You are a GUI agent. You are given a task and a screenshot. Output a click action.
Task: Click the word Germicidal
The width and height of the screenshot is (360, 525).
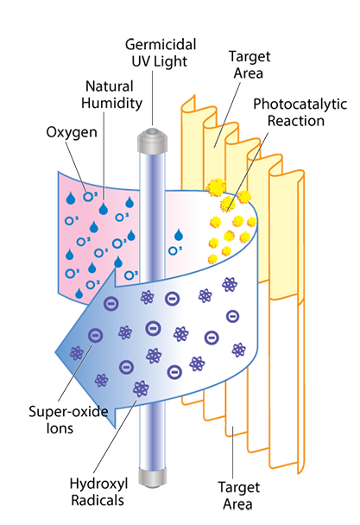(161, 45)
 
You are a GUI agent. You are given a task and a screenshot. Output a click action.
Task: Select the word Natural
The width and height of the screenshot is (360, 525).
(110, 86)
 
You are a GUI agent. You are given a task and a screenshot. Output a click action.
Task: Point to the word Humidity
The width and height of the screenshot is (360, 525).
(112, 103)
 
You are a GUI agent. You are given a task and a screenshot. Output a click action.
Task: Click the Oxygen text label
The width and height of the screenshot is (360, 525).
(72, 132)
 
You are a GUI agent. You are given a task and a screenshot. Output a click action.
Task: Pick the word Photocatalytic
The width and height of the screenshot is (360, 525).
(300, 104)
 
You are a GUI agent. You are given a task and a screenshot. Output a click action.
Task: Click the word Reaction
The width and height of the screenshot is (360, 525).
(296, 121)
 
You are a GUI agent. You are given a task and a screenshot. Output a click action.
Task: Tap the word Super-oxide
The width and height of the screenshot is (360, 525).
(68, 412)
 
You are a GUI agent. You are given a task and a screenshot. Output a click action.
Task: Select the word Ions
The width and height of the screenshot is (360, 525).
(60, 428)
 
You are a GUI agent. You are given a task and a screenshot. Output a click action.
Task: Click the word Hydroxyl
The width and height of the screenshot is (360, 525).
(98, 484)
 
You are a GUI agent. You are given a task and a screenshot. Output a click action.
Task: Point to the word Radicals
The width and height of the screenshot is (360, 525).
(98, 500)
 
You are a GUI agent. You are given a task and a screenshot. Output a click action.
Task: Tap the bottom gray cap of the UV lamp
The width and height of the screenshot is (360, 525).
(152, 478)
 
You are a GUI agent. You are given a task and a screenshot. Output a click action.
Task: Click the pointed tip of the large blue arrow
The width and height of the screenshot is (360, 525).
(55, 352)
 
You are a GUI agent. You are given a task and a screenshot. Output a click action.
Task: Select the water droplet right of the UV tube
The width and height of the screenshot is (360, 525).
(179, 235)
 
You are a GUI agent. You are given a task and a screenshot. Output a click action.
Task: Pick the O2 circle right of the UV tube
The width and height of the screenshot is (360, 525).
(173, 250)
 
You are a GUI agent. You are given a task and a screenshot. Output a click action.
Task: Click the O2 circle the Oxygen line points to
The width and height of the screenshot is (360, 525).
(88, 197)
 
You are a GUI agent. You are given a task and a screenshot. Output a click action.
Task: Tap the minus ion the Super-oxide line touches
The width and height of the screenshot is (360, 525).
(96, 335)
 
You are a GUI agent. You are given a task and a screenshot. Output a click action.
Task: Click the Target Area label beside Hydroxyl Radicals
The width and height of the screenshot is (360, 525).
(238, 495)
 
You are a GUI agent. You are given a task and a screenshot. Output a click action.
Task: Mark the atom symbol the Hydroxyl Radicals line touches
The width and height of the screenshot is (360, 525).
(141, 389)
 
